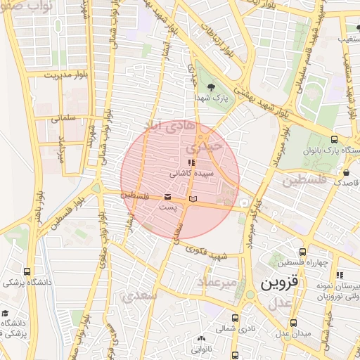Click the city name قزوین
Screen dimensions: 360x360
coord(281,285)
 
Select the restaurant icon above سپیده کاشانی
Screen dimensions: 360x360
coord(183,162)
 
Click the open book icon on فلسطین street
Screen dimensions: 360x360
coord(193,200)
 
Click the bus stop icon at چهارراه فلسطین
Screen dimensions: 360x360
coord(303,252)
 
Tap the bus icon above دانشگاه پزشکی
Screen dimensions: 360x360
coord(27,271)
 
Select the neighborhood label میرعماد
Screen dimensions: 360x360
coord(219,281)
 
